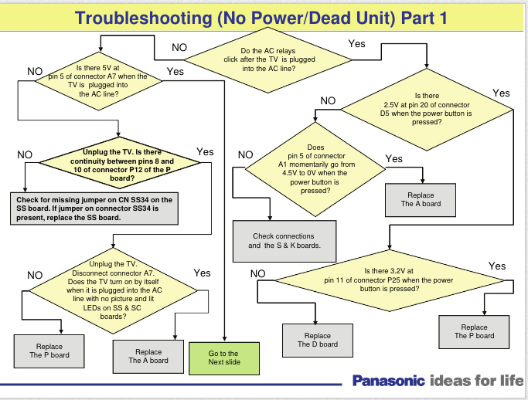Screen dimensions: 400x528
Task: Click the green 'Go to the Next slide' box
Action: [223, 358]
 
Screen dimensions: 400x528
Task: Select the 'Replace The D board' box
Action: [318, 340]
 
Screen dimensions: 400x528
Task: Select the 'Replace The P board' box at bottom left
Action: [49, 351]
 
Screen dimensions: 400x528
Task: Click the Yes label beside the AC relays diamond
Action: [356, 44]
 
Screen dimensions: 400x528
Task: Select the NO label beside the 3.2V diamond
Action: [258, 273]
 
